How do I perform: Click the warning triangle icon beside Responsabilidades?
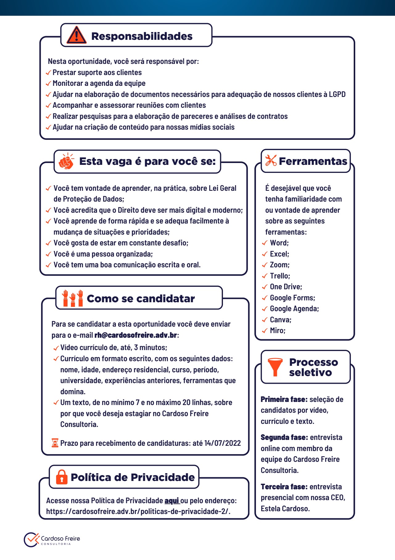point(76,35)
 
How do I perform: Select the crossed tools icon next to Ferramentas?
point(271,161)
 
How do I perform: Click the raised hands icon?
point(73,298)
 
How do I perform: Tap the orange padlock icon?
point(62,477)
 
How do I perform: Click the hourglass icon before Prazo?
point(55,443)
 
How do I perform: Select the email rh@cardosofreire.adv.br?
point(136,335)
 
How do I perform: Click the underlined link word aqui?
point(172,500)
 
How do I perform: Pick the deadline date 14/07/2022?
point(222,443)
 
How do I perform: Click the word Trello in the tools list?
point(280,276)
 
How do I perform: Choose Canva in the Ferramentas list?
point(280,320)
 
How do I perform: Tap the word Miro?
point(277,331)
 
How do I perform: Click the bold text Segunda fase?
point(284,437)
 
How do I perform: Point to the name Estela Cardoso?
point(285,508)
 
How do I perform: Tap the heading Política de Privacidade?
point(133,477)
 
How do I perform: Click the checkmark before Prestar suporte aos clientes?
point(48,73)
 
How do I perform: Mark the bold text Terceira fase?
point(284,487)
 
